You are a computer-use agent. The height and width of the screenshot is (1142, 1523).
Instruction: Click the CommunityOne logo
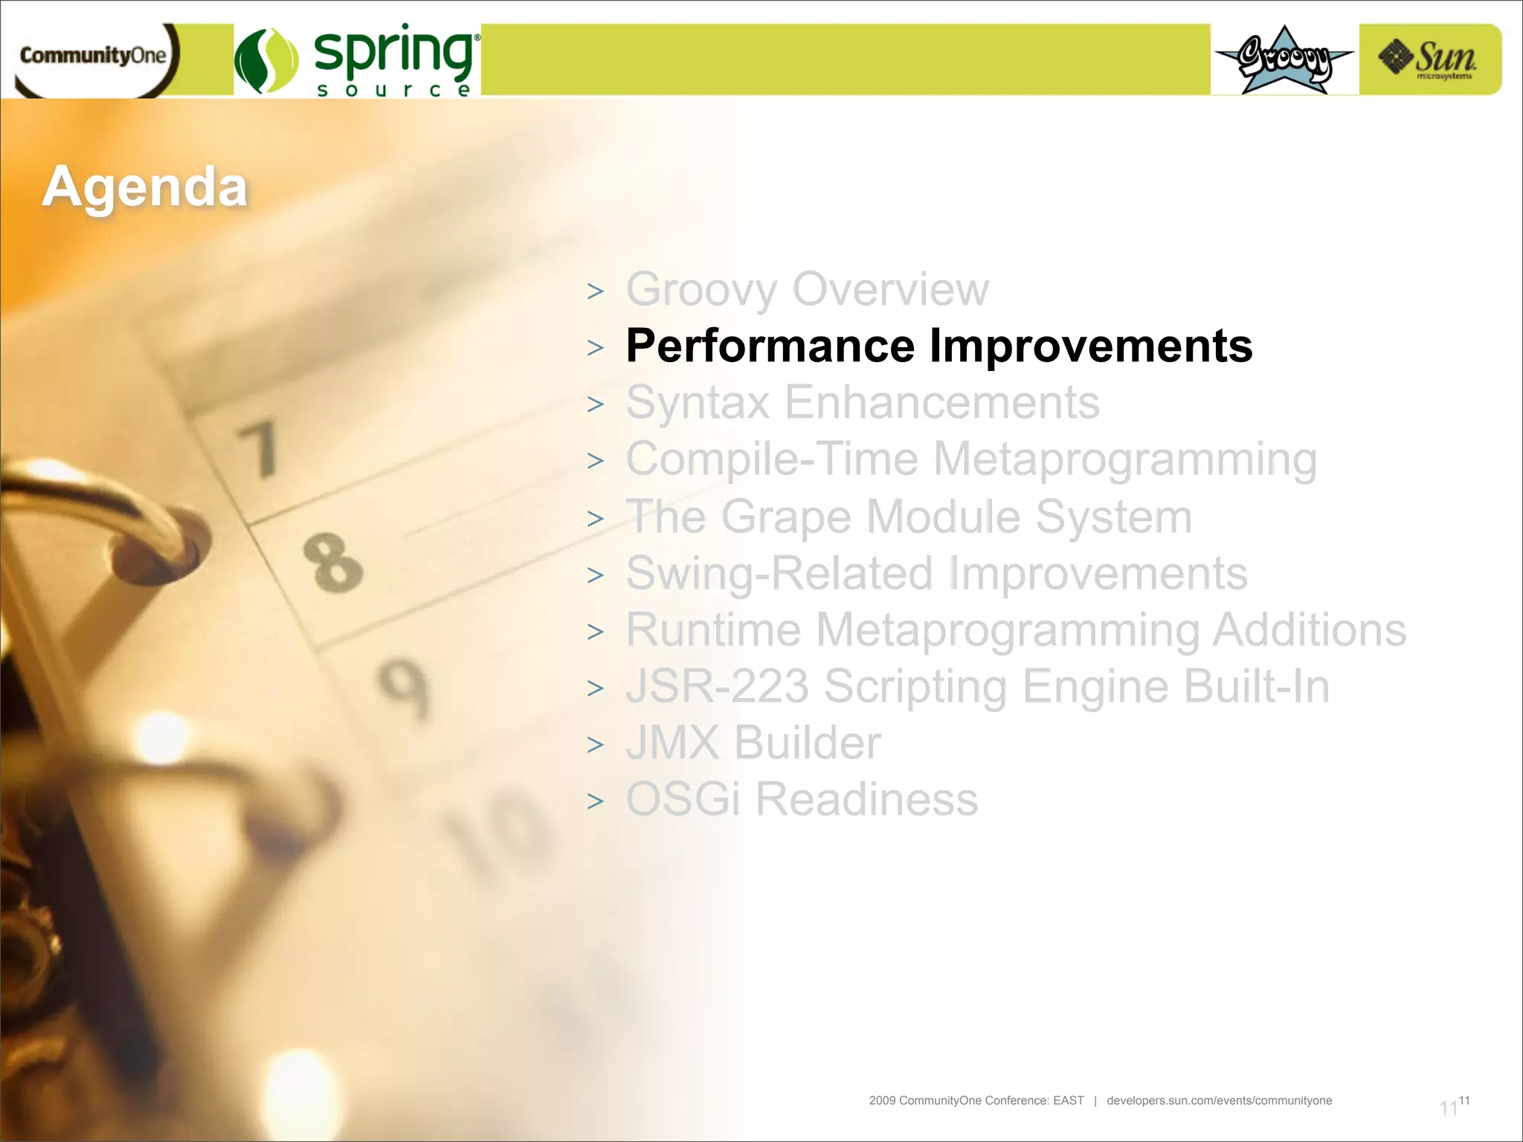point(93,57)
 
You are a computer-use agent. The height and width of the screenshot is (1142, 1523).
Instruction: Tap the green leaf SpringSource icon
point(266,61)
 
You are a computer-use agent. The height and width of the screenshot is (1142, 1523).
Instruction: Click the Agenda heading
point(145,187)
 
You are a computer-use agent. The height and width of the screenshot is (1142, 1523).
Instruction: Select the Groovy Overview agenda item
point(807,289)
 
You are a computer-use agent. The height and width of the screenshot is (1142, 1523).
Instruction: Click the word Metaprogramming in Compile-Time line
point(1124,459)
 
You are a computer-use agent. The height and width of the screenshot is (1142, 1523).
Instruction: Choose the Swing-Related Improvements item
point(936,573)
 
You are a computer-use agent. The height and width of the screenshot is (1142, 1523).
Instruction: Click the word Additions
point(1309,630)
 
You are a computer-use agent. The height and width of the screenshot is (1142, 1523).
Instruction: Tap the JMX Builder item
point(753,743)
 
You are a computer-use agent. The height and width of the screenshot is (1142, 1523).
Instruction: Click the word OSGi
point(683,799)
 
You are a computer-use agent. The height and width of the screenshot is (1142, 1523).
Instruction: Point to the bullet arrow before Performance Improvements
point(595,348)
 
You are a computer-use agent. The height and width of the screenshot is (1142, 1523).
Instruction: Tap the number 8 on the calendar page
point(333,563)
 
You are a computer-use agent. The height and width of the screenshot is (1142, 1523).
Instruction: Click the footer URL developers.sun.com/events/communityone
point(1219,1100)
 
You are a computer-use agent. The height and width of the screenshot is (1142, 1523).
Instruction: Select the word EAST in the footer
point(1068,1100)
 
